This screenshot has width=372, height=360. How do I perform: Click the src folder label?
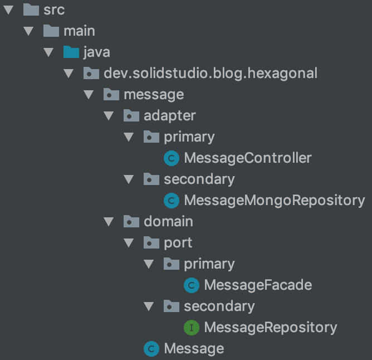[54, 9]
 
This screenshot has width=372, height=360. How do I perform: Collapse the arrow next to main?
[29, 31]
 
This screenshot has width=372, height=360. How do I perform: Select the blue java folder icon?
[71, 52]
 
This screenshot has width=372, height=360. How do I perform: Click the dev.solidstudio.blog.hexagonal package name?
[211, 73]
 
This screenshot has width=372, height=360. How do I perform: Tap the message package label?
[154, 94]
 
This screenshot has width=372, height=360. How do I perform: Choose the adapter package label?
[170, 115]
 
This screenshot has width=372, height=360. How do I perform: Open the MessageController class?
[248, 158]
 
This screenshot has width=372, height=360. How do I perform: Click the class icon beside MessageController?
[172, 158]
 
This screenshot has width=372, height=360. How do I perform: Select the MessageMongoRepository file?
[274, 200]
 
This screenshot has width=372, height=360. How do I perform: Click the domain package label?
[168, 221]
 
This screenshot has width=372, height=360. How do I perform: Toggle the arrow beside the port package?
[129, 242]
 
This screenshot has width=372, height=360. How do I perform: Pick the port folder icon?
[151, 242]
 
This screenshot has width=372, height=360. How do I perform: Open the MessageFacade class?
[258, 285]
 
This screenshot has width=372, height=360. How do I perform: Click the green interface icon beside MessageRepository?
[192, 328]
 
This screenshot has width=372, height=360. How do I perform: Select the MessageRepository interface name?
[271, 327]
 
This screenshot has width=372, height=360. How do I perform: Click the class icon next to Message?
[151, 349]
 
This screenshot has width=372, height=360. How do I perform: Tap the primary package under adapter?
[189, 137]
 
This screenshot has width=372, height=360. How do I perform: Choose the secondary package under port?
[219, 306]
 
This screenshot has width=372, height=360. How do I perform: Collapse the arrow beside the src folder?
[9, 9]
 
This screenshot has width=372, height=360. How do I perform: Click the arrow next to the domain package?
[109, 221]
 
